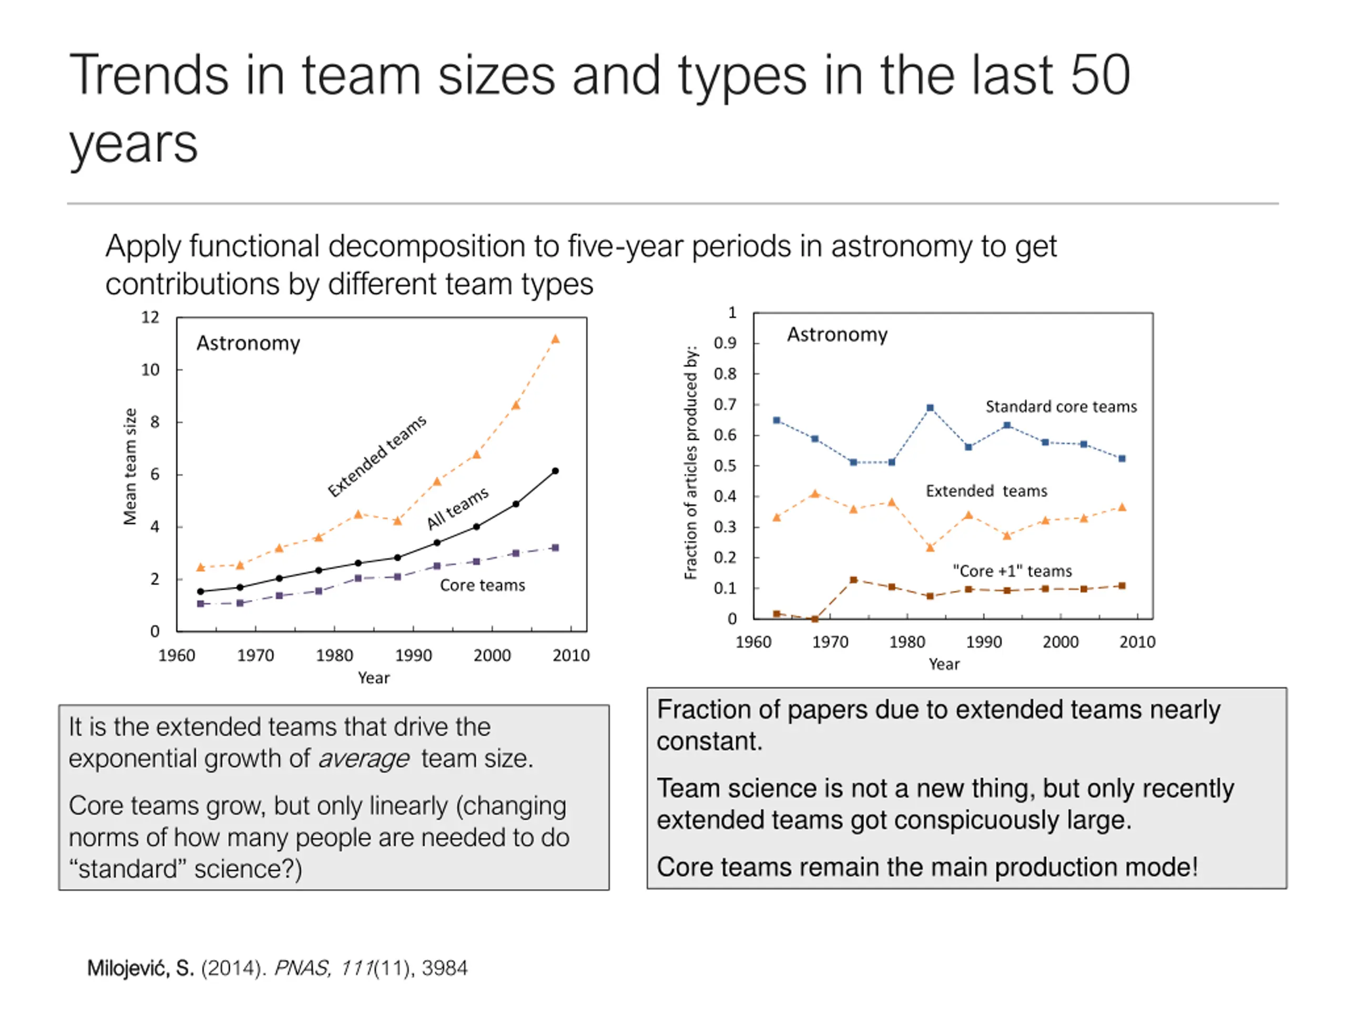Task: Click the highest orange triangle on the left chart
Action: click(555, 339)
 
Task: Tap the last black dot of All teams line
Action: click(555, 471)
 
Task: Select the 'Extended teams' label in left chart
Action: click(378, 456)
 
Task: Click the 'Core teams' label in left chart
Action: click(482, 585)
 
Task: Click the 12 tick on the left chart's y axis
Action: click(150, 317)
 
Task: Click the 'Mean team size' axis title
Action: click(130, 467)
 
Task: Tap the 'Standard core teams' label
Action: click(1061, 406)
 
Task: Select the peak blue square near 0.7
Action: click(930, 408)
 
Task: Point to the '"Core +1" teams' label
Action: click(1012, 571)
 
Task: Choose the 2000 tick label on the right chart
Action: click(1060, 642)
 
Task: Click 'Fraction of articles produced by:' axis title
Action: click(691, 463)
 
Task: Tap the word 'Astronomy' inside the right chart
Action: click(837, 335)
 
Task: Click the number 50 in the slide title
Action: click(1099, 76)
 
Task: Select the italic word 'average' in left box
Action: click(363, 758)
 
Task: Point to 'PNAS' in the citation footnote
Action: click(302, 967)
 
